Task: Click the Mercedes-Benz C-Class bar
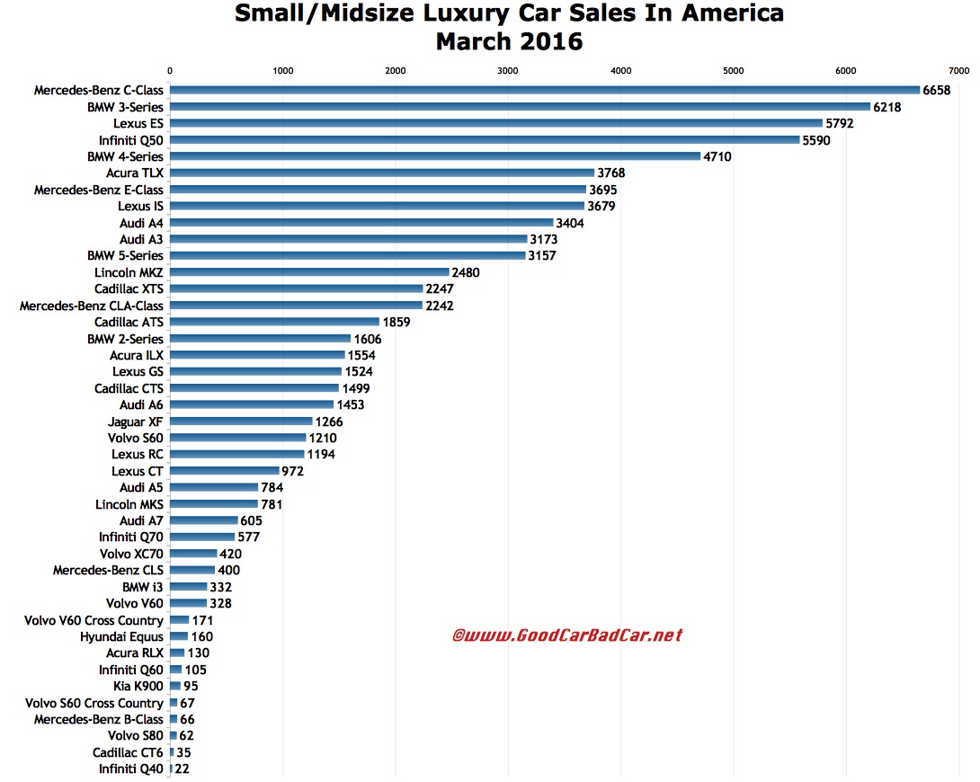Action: [x=544, y=90]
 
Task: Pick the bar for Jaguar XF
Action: [x=240, y=422]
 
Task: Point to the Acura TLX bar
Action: [x=381, y=173]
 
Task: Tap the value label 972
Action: [x=292, y=471]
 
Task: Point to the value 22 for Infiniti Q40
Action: [x=183, y=769]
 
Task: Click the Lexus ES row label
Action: [x=138, y=123]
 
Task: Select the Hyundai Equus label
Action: [x=121, y=636]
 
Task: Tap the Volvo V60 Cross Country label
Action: [x=96, y=620]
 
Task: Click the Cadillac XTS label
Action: [x=128, y=289]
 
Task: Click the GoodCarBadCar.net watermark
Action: [x=566, y=635]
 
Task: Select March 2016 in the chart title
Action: [x=508, y=41]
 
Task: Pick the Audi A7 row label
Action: [x=141, y=520]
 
